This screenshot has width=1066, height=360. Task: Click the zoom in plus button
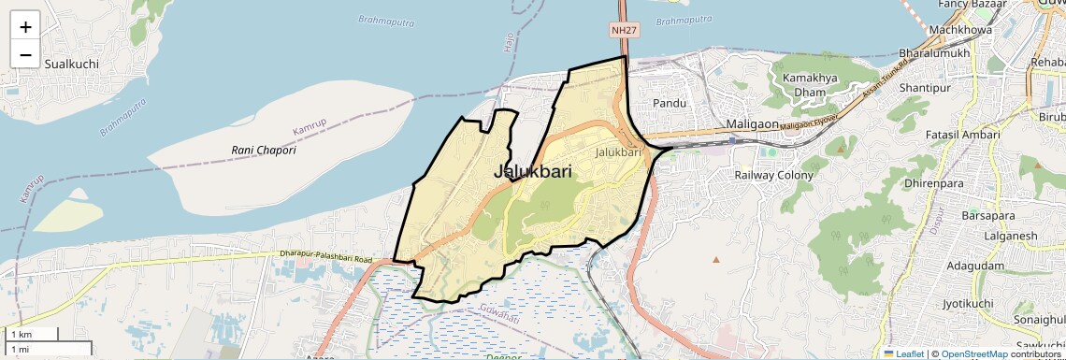coord(25,26)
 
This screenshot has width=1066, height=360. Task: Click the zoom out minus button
coord(25,55)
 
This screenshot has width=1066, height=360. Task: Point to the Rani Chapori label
coord(264,150)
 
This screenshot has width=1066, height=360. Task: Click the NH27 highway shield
coord(625,31)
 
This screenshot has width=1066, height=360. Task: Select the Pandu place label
coord(670,103)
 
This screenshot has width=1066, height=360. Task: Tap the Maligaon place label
coord(752,124)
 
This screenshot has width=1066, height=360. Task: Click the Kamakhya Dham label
coord(804,85)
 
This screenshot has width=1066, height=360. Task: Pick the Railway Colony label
coord(773,175)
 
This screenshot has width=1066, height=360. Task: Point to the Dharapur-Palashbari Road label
coord(324,256)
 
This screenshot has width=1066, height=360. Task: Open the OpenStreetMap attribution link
coord(974,354)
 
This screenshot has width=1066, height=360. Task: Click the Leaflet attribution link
coord(903,354)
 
